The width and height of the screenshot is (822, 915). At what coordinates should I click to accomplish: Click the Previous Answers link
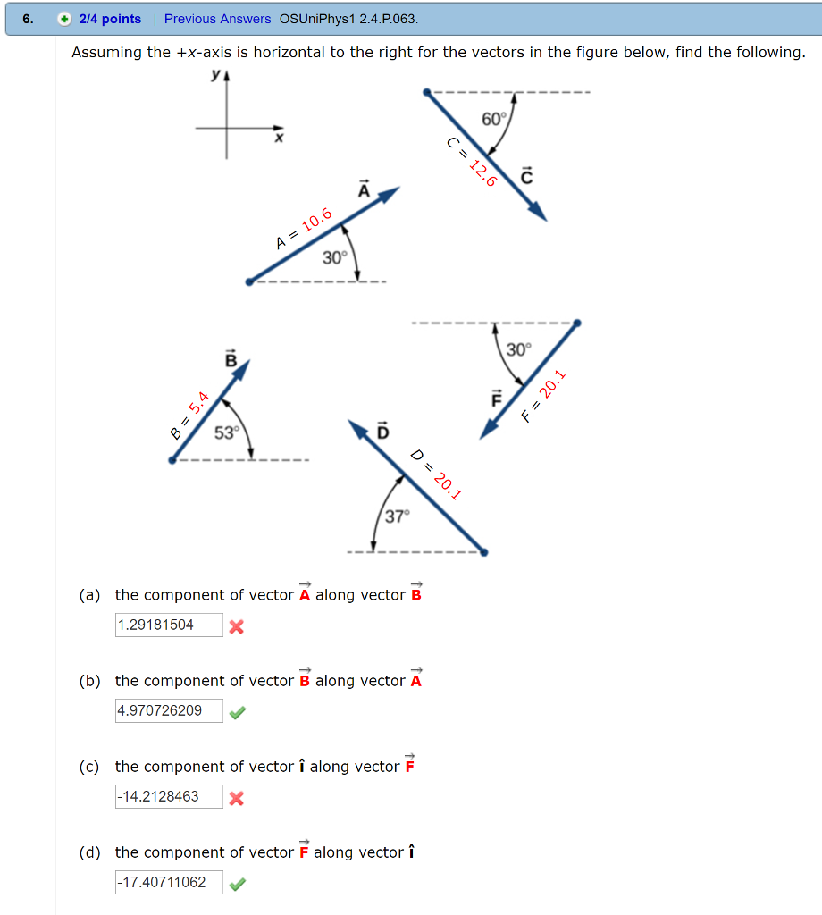217,19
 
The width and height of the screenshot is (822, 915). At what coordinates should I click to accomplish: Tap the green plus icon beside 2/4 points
65,19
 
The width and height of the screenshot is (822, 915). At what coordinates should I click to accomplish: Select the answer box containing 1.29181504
169,625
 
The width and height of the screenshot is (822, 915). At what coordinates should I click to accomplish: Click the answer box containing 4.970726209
169,710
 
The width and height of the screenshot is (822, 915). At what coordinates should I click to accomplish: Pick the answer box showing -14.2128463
169,796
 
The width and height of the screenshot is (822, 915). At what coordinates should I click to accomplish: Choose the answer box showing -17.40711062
169,882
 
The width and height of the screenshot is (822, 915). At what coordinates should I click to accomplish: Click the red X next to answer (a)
237,626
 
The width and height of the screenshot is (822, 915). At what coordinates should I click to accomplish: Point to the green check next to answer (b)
237,712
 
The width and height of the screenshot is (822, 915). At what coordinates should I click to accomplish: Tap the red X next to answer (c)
237,798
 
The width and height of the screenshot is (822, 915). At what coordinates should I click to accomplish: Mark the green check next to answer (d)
237,884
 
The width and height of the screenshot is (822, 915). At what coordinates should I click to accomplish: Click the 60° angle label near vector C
493,119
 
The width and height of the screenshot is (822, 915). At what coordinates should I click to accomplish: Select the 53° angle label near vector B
227,432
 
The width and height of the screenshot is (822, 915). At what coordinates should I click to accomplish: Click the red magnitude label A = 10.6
304,228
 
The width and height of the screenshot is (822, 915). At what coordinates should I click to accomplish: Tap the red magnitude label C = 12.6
471,161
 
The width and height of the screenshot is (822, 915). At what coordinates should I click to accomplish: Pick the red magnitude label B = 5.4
189,416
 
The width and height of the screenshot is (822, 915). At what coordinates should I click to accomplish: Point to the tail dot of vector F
576,323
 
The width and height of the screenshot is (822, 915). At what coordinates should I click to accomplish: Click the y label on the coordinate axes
214,76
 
